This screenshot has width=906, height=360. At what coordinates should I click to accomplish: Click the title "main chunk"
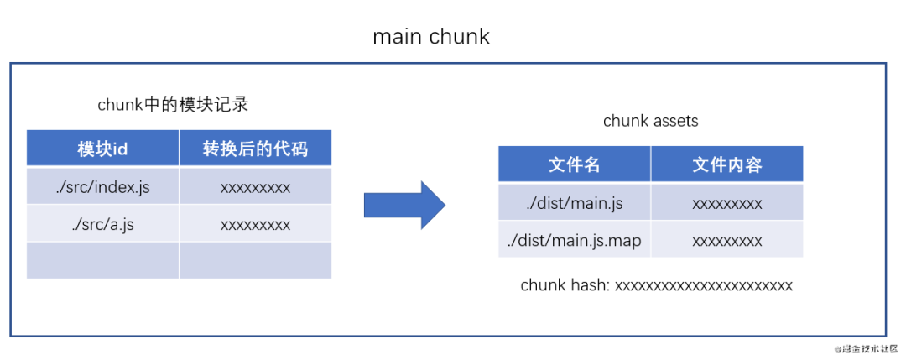pyautogui.click(x=430, y=38)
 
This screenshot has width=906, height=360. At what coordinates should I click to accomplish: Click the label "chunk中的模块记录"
pyautogui.click(x=173, y=105)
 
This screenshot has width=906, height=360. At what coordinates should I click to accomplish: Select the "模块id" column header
pyautogui.click(x=102, y=149)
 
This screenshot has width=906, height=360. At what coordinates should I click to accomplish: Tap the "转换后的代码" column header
pyautogui.click(x=255, y=149)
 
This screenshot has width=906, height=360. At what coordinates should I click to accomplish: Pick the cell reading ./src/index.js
pyautogui.click(x=102, y=187)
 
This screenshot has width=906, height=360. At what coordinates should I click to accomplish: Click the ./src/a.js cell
pyautogui.click(x=102, y=224)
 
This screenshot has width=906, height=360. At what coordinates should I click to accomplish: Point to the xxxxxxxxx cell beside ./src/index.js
pyautogui.click(x=255, y=187)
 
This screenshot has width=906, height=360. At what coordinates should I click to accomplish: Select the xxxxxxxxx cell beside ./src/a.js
pyautogui.click(x=255, y=224)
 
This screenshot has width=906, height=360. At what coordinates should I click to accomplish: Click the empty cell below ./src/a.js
pyautogui.click(x=102, y=260)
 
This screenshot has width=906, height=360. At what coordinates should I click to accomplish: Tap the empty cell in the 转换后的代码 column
pyautogui.click(x=255, y=260)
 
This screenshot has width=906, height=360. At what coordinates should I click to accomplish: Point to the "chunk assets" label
pyautogui.click(x=650, y=122)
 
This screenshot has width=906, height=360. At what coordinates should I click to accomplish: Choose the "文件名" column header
pyautogui.click(x=575, y=164)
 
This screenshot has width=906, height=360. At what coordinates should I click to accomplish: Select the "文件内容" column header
pyautogui.click(x=726, y=164)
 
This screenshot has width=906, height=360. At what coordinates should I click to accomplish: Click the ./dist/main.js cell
pyautogui.click(x=575, y=203)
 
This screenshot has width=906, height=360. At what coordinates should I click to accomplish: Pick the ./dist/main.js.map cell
pyautogui.click(x=575, y=241)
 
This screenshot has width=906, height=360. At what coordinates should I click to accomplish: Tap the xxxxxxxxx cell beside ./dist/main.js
pyautogui.click(x=726, y=203)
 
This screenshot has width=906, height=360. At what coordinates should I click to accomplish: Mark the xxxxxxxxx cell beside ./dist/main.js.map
pyautogui.click(x=726, y=241)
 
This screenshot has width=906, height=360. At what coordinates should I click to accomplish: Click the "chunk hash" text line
pyautogui.click(x=656, y=285)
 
